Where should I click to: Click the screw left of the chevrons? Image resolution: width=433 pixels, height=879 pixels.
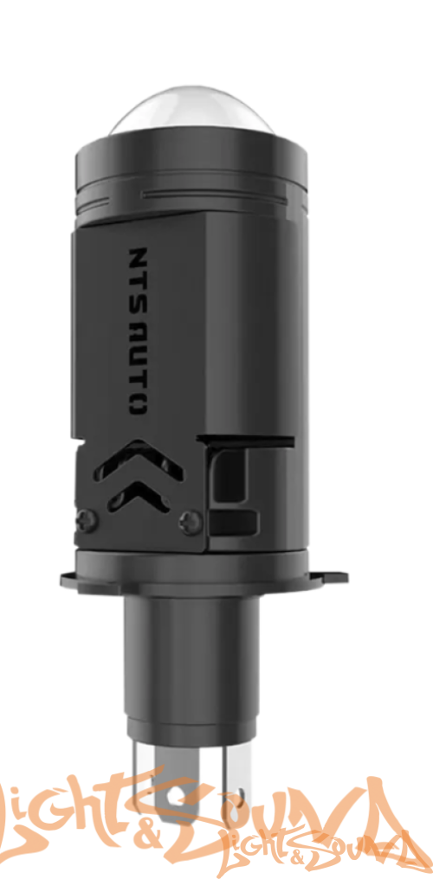86,519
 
